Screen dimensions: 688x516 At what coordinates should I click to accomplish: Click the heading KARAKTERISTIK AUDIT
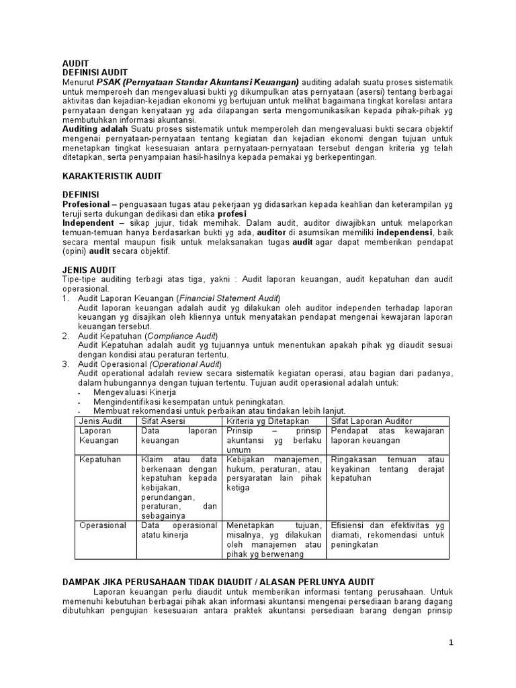(x=112, y=175)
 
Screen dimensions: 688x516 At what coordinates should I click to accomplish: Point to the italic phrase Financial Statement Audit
(x=228, y=298)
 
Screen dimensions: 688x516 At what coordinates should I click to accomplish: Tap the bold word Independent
(x=88, y=221)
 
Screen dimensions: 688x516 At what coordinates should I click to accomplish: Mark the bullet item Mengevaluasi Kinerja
(x=134, y=392)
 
